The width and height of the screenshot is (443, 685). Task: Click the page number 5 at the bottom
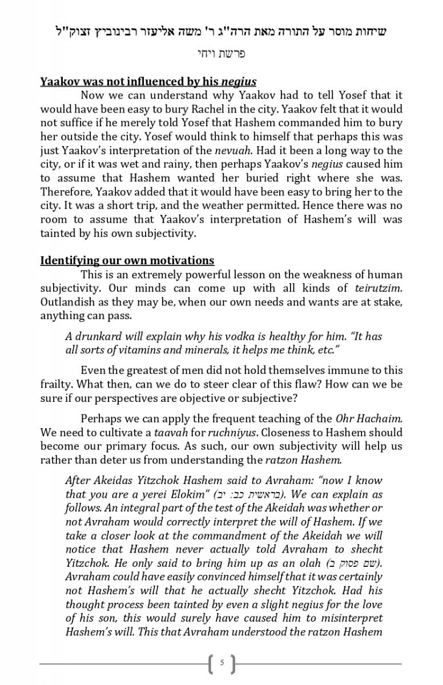point(221,663)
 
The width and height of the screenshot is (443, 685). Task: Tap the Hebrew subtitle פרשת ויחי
point(220,54)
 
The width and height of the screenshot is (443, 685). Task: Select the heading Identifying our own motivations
point(127,261)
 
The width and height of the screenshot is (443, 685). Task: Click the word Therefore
point(64,192)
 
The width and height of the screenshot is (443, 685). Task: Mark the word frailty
point(56,384)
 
